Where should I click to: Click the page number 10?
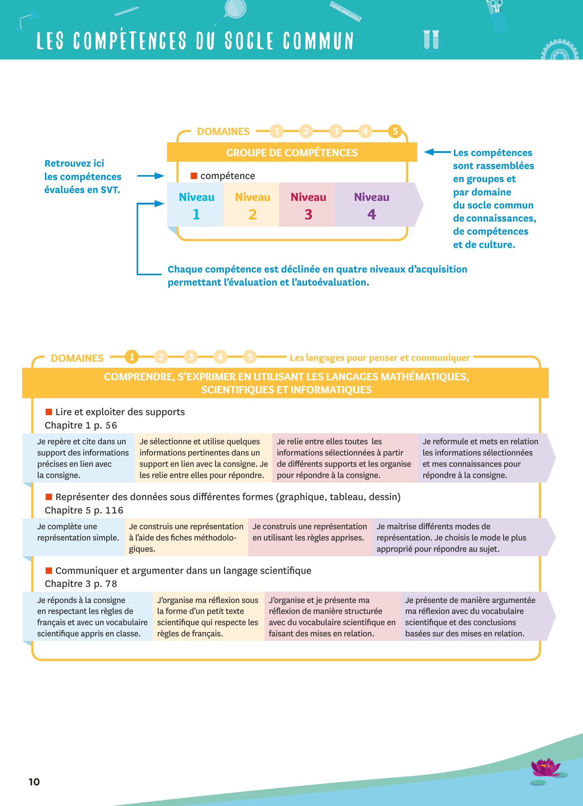point(34,782)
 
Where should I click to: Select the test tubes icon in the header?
point(431,39)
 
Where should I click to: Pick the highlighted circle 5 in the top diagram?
point(395,131)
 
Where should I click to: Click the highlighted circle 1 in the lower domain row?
point(131,357)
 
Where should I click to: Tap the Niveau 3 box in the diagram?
point(308,205)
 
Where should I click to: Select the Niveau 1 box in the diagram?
point(196,205)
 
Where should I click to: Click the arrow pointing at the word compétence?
point(150,176)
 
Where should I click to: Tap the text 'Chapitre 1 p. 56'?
point(81,425)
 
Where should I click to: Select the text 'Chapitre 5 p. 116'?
point(84,510)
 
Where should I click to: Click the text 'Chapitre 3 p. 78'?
point(81,584)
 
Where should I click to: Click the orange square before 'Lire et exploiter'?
point(49,412)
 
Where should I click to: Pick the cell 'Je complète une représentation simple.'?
point(78,532)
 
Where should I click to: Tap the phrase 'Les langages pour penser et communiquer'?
point(380,357)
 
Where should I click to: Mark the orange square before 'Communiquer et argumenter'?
point(49,571)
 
